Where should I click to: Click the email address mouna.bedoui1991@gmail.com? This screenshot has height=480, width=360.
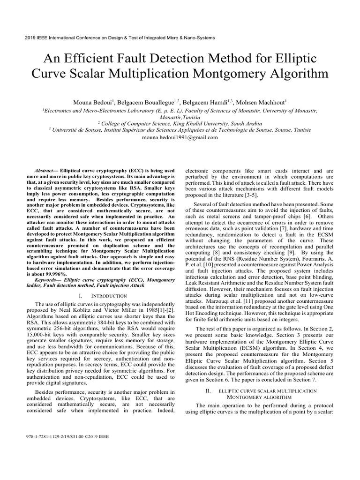(180, 137)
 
